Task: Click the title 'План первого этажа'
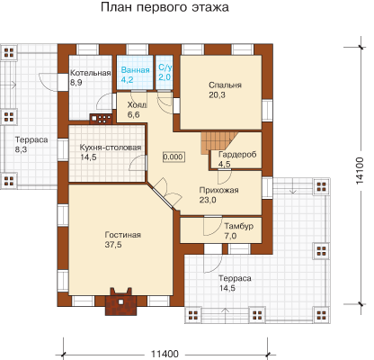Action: (x=165, y=7)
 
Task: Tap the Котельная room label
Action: (x=91, y=73)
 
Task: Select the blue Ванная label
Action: (x=135, y=70)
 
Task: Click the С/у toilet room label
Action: (x=165, y=67)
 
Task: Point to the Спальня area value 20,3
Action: (x=217, y=95)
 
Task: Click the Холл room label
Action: (x=137, y=105)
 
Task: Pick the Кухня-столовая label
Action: (x=111, y=148)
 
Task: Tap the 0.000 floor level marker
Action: (x=174, y=157)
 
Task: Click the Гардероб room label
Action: (x=237, y=155)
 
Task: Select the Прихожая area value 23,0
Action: (x=208, y=200)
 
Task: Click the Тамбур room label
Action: (x=239, y=226)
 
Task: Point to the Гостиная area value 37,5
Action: (x=113, y=245)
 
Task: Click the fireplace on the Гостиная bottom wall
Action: (x=121, y=301)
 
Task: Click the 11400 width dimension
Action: (x=165, y=354)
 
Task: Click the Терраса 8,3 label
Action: (x=31, y=145)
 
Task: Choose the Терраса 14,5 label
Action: (x=235, y=283)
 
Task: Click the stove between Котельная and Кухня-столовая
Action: (x=101, y=119)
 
